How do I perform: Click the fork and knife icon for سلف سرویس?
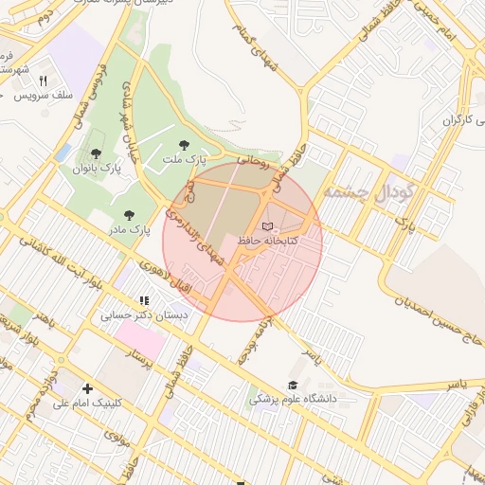(43, 80)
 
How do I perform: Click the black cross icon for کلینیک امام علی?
(88, 388)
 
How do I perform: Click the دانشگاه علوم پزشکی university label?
(294, 399)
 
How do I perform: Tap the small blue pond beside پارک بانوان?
(63, 153)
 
